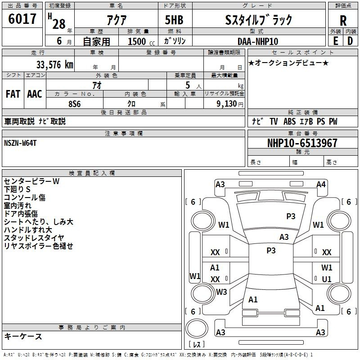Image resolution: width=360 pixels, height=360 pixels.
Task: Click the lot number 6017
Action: [22, 18]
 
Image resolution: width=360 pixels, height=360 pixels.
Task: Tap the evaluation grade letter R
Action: [343, 21]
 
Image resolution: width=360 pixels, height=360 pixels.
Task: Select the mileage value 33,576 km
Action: [54, 65]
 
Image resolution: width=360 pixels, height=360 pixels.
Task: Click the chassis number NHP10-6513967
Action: [302, 143]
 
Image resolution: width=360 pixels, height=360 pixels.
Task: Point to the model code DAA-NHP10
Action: [258, 41]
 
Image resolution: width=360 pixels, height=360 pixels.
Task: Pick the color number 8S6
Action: [75, 104]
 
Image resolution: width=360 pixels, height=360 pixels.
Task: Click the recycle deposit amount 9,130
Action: [227, 104]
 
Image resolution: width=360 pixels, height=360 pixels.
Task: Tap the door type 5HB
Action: [174, 20]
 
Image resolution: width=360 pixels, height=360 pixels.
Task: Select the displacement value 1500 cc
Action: [141, 41]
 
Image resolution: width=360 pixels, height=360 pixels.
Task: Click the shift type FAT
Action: [13, 94]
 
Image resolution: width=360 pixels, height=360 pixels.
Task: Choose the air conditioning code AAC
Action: [35, 94]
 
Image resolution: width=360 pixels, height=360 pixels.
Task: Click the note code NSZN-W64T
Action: [20, 143]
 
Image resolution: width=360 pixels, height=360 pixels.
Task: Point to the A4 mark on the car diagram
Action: [321, 184]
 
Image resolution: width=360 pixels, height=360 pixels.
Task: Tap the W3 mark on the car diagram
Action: [221, 292]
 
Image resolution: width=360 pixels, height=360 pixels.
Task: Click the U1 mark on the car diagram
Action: [327, 279]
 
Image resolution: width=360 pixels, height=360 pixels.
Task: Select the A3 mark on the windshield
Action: [284, 237]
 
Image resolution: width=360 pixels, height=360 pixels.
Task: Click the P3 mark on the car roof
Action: [271, 251]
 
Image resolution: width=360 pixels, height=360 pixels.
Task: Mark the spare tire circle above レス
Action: [197, 328]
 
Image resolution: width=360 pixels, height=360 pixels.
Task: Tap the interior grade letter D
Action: [350, 41]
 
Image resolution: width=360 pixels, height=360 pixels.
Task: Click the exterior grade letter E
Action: [336, 41]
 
